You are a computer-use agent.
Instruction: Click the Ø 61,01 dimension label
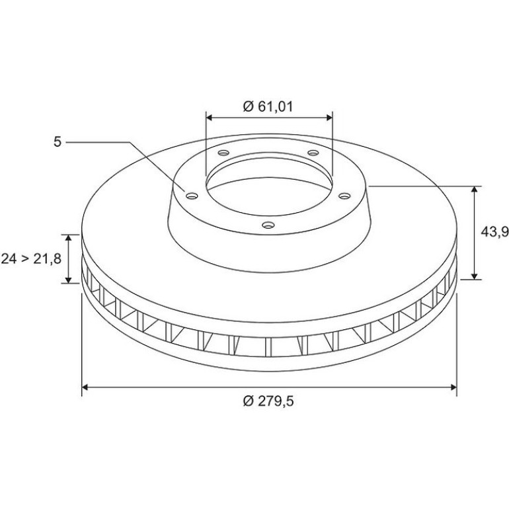[x=268, y=106]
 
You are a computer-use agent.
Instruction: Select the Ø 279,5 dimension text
[x=268, y=401]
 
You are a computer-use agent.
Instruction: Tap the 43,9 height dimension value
[x=494, y=232]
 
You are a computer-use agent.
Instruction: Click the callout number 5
[x=57, y=142]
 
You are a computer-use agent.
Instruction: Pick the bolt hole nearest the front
[x=268, y=225]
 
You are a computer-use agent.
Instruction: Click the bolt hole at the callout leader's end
[x=192, y=196]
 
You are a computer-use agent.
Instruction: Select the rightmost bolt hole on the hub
[x=344, y=196]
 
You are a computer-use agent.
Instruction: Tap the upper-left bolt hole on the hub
[x=223, y=153]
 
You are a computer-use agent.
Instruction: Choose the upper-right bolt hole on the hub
[x=313, y=153]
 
